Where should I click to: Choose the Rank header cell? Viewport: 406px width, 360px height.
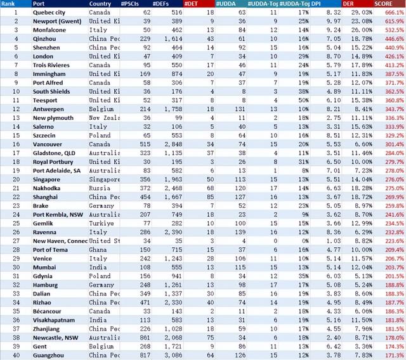point(9,4)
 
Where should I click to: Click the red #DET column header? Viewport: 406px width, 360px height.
point(191,4)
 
